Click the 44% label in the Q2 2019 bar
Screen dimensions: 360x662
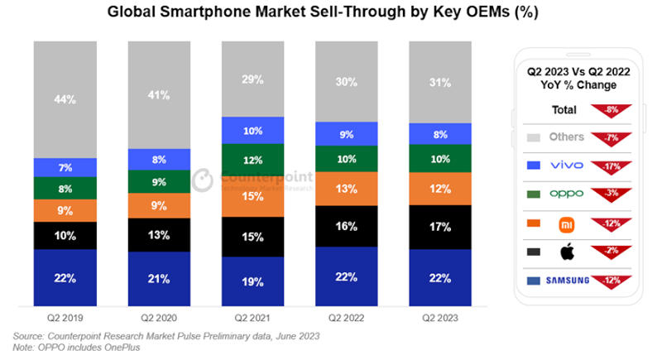65,99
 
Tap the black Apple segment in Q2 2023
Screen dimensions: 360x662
441,225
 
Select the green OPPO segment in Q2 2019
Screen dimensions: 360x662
65,188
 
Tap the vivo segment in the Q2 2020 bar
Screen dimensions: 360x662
160,160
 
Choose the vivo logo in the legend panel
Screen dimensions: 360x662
567,166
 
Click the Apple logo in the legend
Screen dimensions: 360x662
567,251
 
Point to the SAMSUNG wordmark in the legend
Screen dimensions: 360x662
567,280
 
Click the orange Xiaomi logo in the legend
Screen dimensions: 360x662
567,223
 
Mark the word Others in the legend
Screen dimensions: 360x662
567,137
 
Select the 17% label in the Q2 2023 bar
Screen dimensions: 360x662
441,225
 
